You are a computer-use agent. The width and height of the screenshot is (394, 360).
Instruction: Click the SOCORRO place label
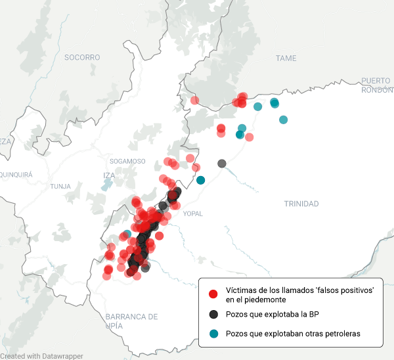click(82, 57)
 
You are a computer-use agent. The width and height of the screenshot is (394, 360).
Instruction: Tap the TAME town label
click(286, 58)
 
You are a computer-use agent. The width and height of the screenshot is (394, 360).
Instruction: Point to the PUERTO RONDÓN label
click(376, 85)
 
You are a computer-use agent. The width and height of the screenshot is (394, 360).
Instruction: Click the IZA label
click(109, 175)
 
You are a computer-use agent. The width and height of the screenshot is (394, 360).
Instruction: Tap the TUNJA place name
click(60, 187)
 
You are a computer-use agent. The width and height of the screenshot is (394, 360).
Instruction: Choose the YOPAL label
click(193, 214)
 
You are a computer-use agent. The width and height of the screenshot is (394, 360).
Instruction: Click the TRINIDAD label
click(301, 204)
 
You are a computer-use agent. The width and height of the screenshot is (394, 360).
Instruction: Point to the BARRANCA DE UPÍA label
click(131, 321)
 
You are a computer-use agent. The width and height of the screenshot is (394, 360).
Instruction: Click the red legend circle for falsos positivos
click(213, 294)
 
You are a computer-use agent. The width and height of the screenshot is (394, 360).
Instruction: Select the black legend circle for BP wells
click(213, 314)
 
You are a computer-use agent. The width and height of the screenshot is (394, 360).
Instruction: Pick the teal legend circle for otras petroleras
click(213, 334)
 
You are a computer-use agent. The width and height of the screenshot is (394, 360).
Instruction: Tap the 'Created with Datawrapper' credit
click(42, 355)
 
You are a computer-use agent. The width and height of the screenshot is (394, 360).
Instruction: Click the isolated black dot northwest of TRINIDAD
click(222, 163)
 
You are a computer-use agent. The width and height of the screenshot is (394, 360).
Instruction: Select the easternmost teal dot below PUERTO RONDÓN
click(283, 120)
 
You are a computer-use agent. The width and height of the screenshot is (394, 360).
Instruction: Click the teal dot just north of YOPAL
click(200, 180)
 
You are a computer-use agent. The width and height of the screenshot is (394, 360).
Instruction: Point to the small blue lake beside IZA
click(106, 186)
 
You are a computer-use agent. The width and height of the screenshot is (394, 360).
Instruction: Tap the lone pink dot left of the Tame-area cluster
click(194, 101)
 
